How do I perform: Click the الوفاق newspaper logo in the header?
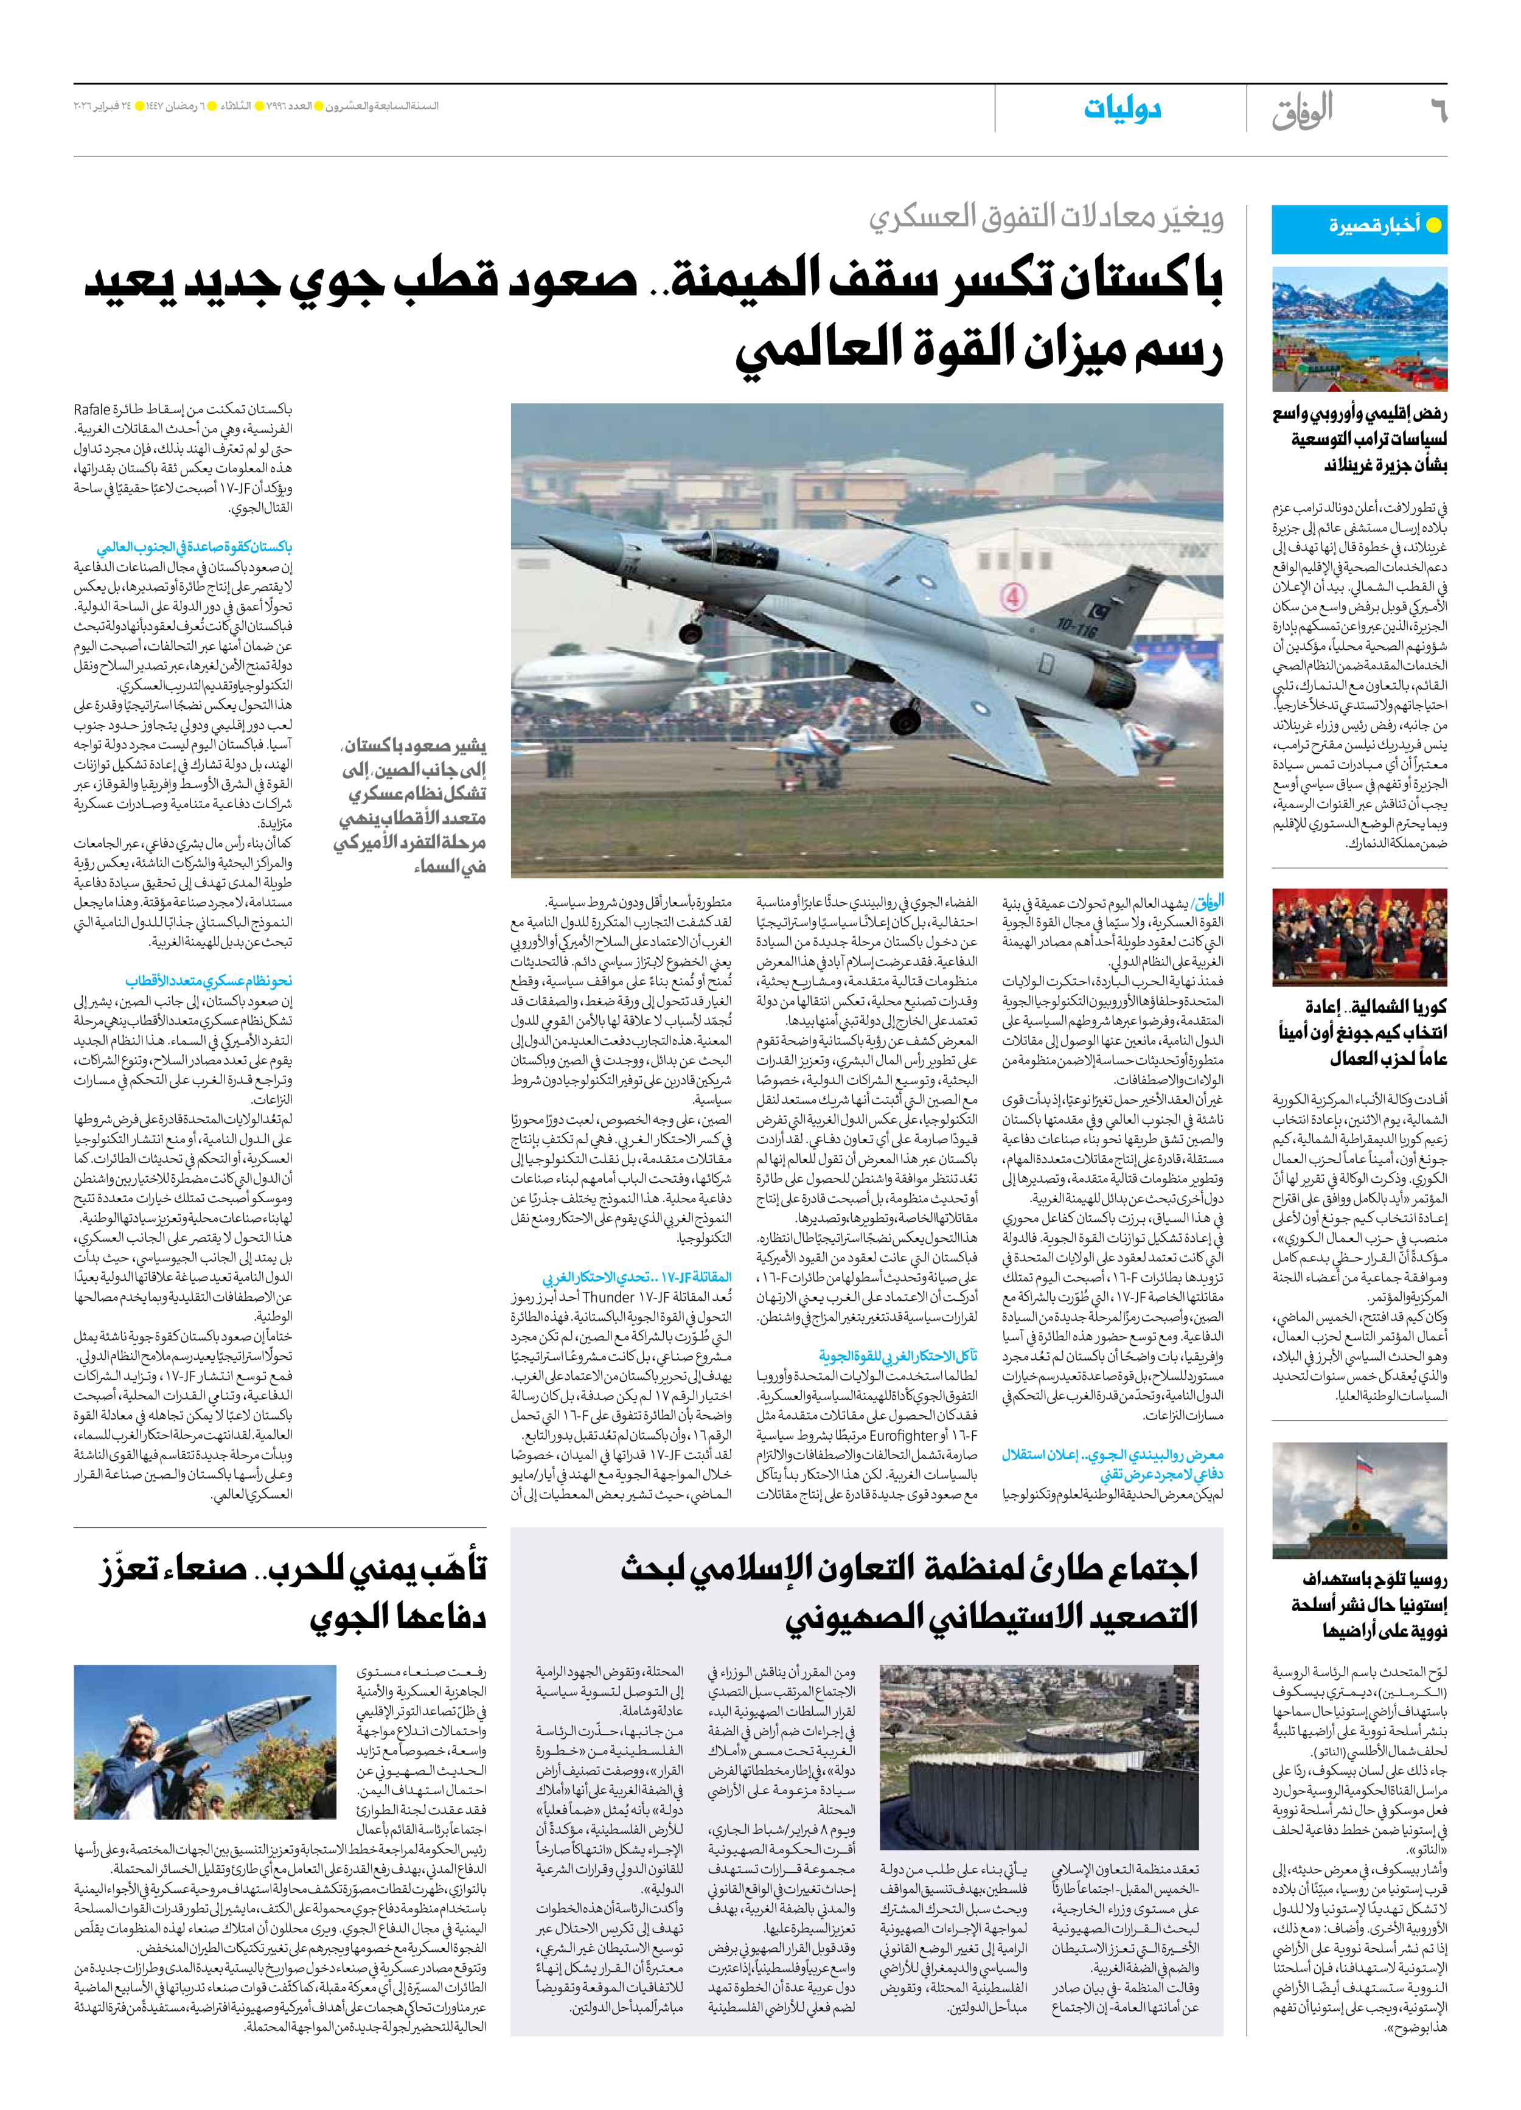1303,110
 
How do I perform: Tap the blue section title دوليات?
1122,109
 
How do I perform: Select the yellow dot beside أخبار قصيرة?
1433,225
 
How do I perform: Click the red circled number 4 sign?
1013,596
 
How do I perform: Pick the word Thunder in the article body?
608,1297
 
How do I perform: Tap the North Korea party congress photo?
1359,937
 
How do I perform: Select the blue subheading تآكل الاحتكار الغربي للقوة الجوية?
898,1356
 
